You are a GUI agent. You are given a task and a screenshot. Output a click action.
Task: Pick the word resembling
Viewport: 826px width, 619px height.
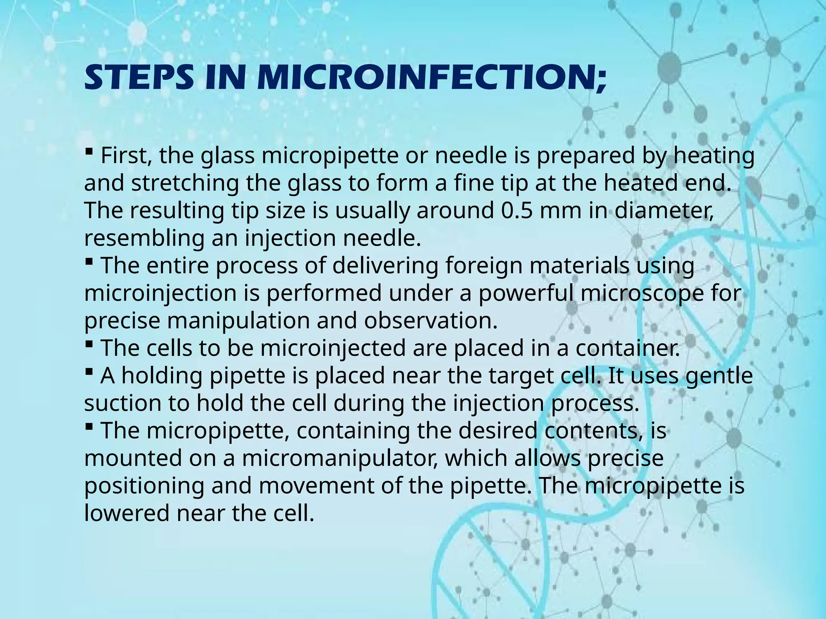[x=145, y=239]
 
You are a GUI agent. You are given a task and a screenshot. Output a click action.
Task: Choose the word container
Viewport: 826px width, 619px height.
[x=628, y=348]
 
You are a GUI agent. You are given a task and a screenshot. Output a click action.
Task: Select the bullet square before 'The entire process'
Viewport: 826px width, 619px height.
[x=90, y=262]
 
